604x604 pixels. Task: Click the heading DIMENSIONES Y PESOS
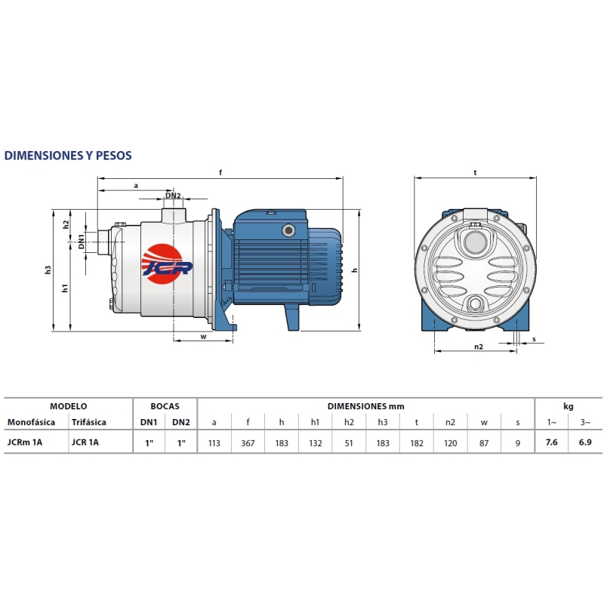click(x=68, y=156)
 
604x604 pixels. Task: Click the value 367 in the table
click(x=248, y=443)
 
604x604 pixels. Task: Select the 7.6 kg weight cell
click(x=551, y=442)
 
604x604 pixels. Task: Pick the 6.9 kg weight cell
click(x=585, y=442)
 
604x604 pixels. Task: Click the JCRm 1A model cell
click(x=25, y=442)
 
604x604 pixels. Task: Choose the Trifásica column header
click(x=88, y=422)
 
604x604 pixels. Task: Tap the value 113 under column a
click(x=214, y=443)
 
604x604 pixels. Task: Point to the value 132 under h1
click(x=315, y=443)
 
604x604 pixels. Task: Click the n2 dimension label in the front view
click(x=479, y=347)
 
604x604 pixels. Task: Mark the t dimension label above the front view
click(x=476, y=173)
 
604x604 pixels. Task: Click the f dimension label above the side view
click(x=220, y=173)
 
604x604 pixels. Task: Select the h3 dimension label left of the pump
click(x=48, y=270)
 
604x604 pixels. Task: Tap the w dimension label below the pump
click(x=203, y=337)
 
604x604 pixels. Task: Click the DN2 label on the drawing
click(x=173, y=196)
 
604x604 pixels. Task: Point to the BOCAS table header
click(x=165, y=406)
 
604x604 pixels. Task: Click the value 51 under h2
click(x=349, y=443)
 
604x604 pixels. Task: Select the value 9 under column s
click(x=518, y=443)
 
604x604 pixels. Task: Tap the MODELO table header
click(x=68, y=406)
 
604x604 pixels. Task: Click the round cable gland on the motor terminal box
click(x=288, y=231)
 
